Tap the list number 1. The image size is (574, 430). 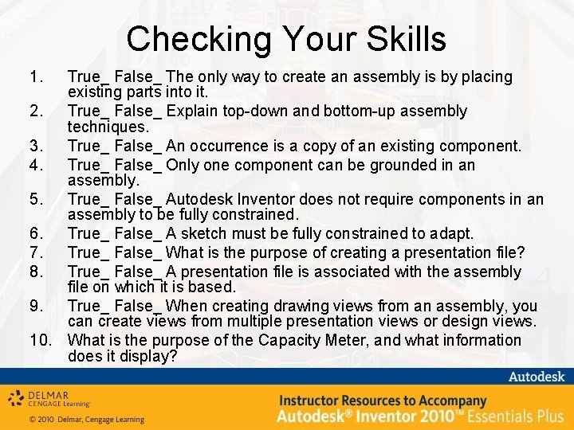(x=34, y=77)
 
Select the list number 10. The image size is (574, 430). (x=41, y=340)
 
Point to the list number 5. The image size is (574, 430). (x=34, y=199)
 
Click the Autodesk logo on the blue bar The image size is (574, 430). (x=537, y=377)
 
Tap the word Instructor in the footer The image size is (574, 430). (x=313, y=401)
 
